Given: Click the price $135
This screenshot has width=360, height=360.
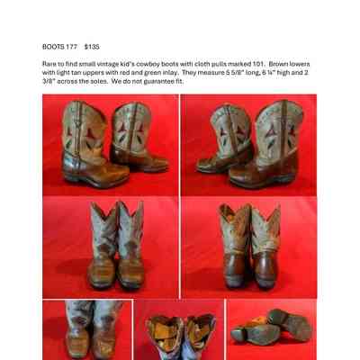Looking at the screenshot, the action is (x=92, y=47).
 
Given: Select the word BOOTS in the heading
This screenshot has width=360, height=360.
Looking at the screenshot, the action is (x=53, y=47).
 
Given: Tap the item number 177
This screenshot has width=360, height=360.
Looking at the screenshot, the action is (x=71, y=47).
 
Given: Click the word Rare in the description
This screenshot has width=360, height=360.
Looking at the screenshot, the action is (x=49, y=64).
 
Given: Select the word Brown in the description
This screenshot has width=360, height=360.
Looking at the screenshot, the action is (x=278, y=64).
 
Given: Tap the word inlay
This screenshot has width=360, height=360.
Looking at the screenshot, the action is (x=171, y=73).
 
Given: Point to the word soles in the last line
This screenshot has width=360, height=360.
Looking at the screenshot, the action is (x=98, y=82).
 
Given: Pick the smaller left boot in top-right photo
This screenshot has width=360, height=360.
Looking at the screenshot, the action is (x=224, y=139).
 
